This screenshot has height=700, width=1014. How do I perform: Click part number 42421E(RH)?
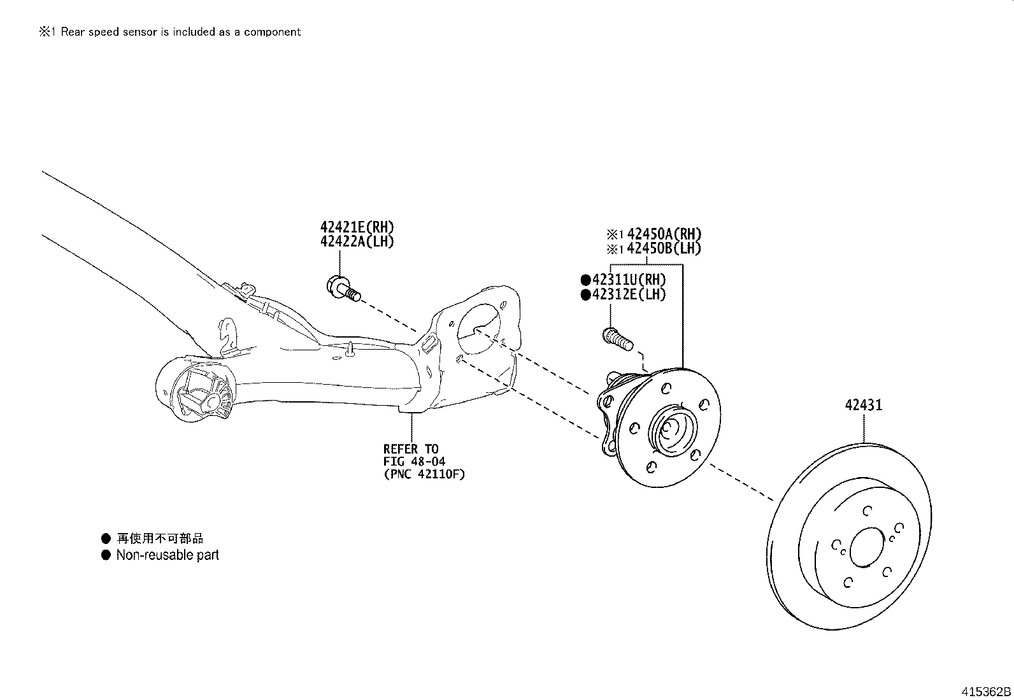tap(357, 227)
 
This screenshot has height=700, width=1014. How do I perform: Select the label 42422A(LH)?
tap(357, 241)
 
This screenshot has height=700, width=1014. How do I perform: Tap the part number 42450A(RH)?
tap(664, 234)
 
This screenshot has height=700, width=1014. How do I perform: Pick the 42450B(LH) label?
tap(663, 248)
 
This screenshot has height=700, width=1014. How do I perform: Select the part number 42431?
tap(864, 405)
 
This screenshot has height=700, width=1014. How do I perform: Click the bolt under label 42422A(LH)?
tap(343, 289)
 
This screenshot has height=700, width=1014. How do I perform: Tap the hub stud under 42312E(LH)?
tap(617, 338)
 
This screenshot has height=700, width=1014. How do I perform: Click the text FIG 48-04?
tap(414, 461)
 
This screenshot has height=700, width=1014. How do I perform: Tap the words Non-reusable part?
tap(167, 555)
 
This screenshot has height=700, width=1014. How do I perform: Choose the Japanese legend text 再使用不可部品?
tap(160, 538)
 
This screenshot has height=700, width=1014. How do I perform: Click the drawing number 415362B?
tap(986, 691)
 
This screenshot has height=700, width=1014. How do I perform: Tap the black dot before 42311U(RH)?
tap(585, 280)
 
